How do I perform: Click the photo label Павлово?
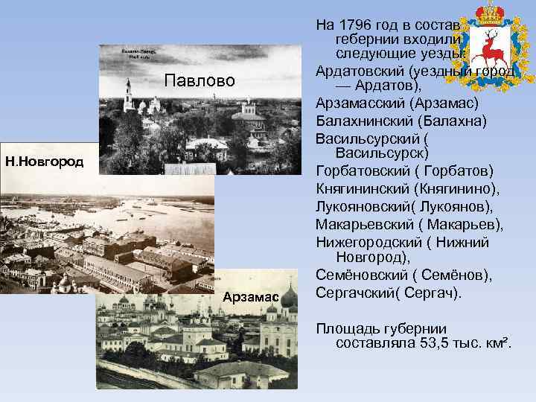click(200, 80)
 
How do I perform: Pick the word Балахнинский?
click(363, 121)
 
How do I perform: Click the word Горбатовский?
click(362, 170)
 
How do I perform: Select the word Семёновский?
click(360, 275)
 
